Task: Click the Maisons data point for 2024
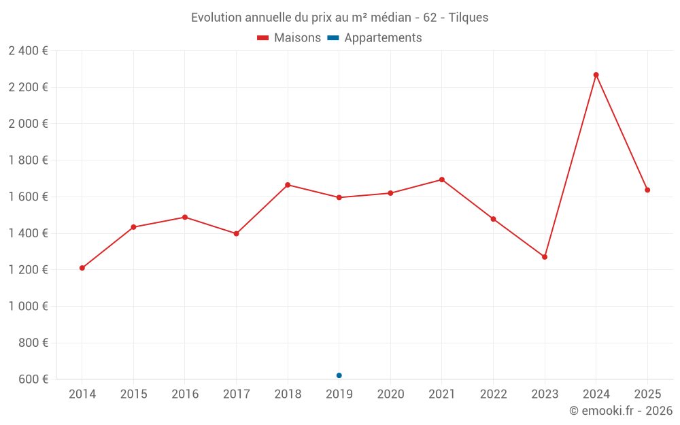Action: (x=596, y=75)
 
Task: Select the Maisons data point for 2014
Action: (x=82, y=268)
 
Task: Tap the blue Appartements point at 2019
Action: (x=339, y=375)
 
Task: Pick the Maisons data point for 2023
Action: (x=545, y=257)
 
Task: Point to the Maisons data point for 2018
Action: (x=288, y=185)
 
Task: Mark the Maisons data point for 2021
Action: (x=442, y=180)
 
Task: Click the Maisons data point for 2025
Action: (x=647, y=190)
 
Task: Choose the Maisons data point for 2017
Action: (x=236, y=233)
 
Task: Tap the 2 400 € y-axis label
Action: (x=28, y=51)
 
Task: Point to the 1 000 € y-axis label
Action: (x=28, y=306)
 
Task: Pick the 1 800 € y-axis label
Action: (x=28, y=160)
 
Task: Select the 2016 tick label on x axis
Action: (x=185, y=394)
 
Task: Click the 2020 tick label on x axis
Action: (x=390, y=394)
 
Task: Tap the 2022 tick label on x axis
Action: (x=493, y=394)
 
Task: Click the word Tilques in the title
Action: (x=469, y=18)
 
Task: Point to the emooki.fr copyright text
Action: (x=620, y=411)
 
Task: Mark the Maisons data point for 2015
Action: (x=133, y=227)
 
